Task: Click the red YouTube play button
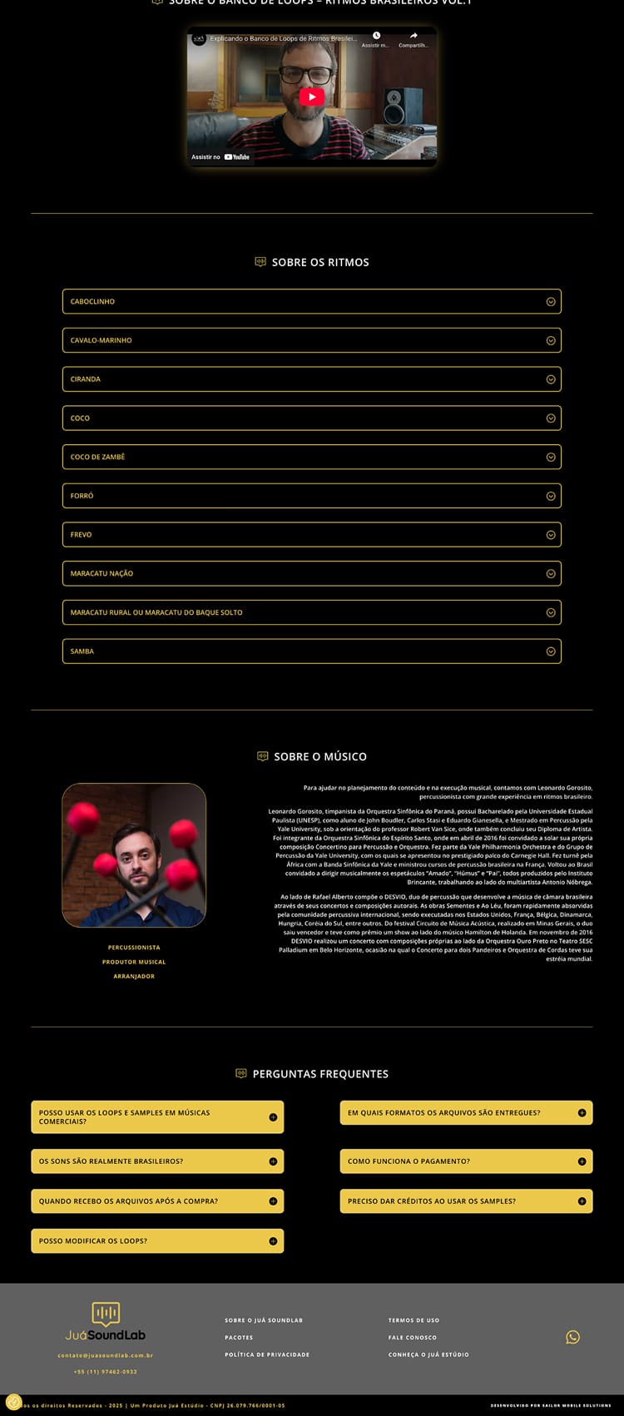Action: click(x=311, y=97)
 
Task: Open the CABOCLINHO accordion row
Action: click(x=311, y=301)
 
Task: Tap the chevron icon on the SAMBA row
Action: click(x=550, y=651)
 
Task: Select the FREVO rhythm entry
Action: click(x=311, y=534)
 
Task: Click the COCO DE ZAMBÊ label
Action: click(x=97, y=457)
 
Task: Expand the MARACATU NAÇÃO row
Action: click(x=311, y=573)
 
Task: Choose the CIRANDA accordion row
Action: click(x=311, y=379)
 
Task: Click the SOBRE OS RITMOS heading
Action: click(x=319, y=262)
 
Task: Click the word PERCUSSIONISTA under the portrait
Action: click(x=134, y=948)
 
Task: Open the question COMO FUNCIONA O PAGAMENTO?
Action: click(x=466, y=1161)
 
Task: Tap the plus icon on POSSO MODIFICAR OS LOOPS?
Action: click(x=273, y=1240)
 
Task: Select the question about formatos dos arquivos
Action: click(x=466, y=1112)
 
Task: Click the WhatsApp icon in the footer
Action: click(x=572, y=1337)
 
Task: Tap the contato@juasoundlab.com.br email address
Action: click(x=106, y=1355)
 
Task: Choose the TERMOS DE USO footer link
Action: click(x=414, y=1320)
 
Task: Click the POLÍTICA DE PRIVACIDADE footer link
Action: click(x=267, y=1354)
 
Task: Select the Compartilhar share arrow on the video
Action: click(x=414, y=36)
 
